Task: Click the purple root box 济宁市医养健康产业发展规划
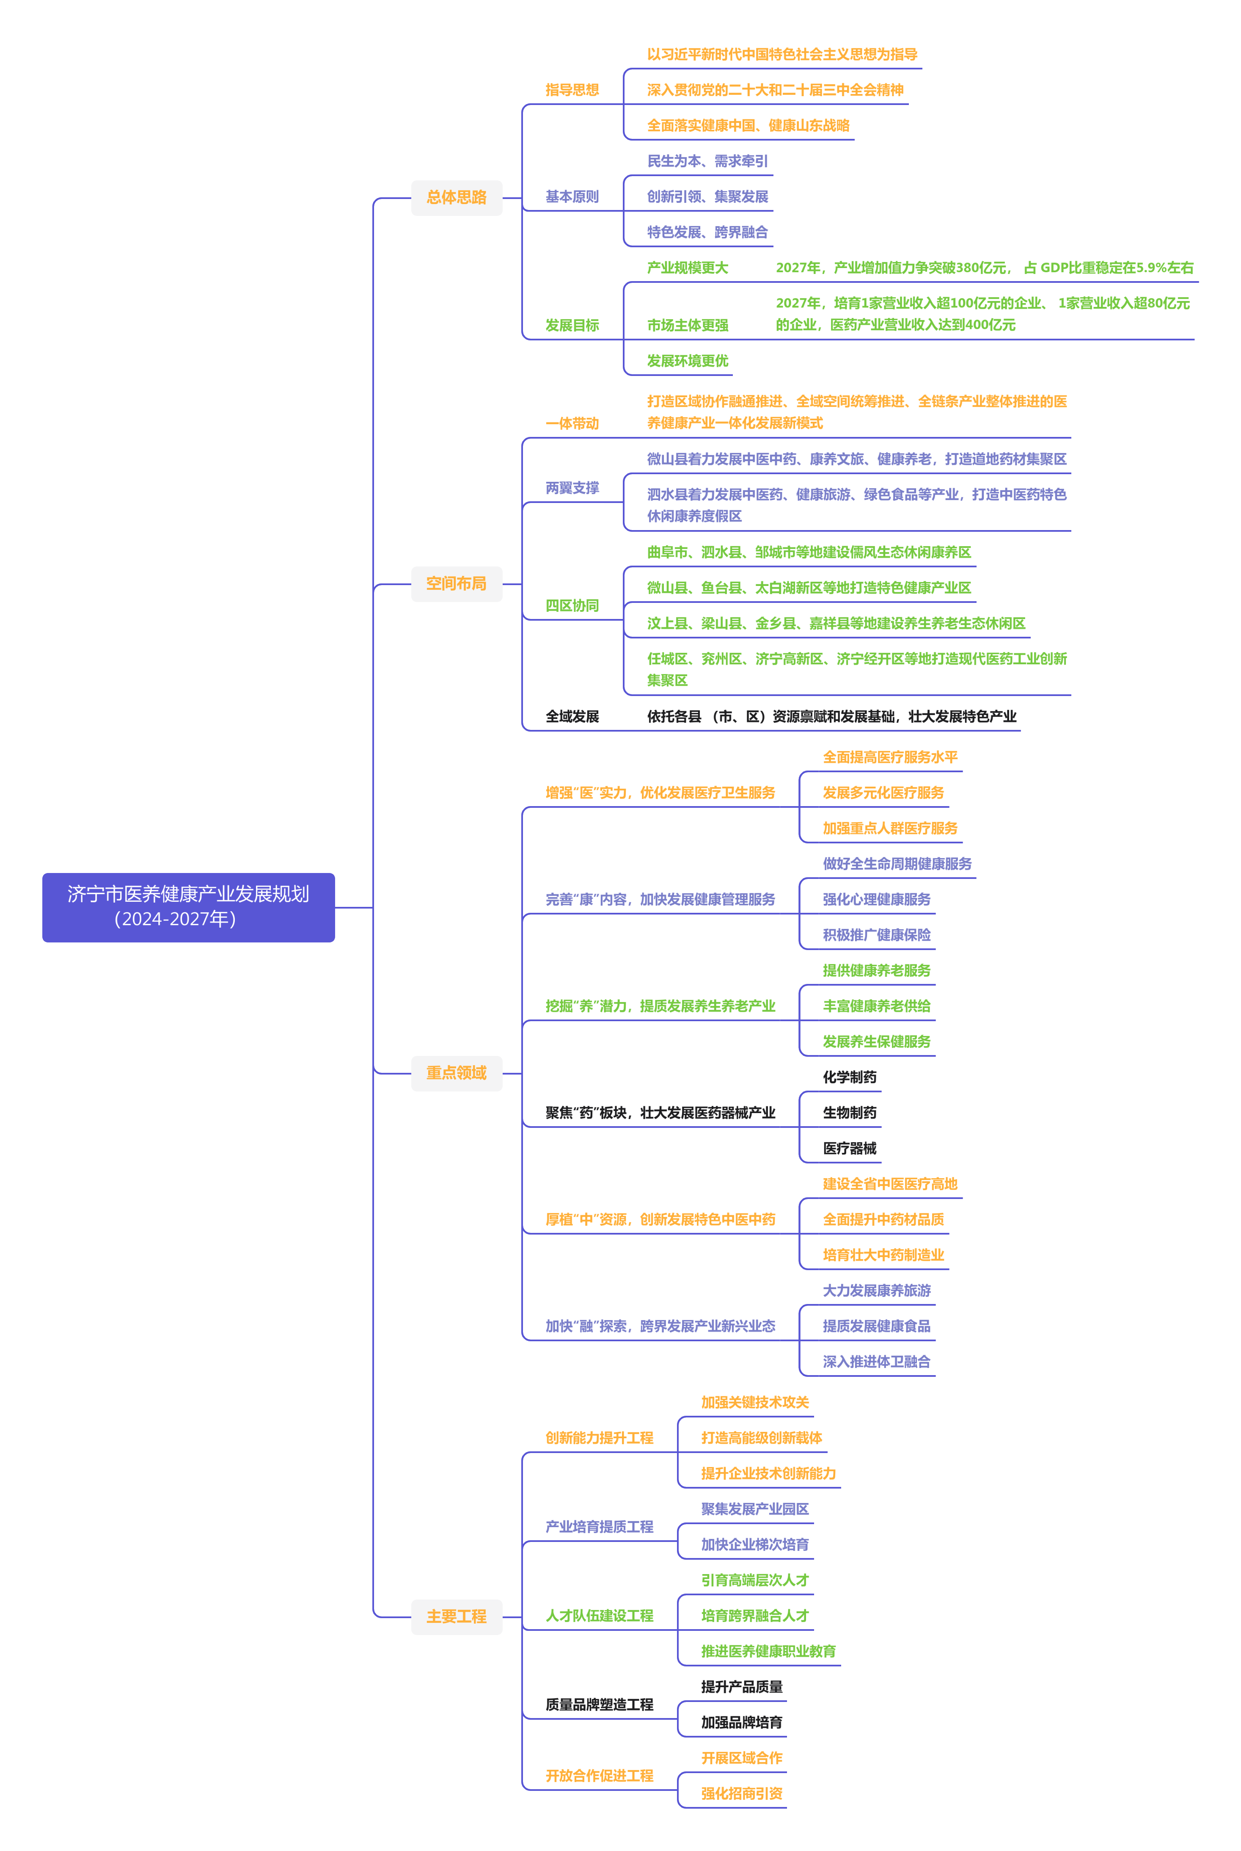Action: (x=188, y=907)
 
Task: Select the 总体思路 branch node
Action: (x=457, y=197)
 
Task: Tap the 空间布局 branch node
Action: (x=457, y=583)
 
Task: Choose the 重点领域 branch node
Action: (x=457, y=1073)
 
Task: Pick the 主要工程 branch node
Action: (x=457, y=1616)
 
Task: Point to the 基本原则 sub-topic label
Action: (x=572, y=196)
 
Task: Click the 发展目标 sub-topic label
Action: (x=572, y=326)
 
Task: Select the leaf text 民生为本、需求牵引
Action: (x=707, y=161)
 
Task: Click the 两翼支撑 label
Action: (x=572, y=488)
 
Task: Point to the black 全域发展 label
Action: (x=572, y=716)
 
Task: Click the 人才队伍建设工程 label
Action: (x=599, y=1616)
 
